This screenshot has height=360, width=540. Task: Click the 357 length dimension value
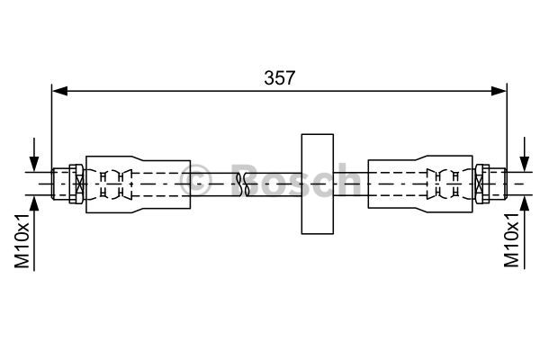(279, 78)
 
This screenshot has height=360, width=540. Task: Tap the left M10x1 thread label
(22, 241)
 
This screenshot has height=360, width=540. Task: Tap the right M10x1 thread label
(511, 240)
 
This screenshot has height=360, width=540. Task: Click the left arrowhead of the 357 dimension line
(59, 91)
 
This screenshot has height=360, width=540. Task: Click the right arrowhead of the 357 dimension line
(499, 91)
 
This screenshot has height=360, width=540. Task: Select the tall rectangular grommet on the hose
(317, 184)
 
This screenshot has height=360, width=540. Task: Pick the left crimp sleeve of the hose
(138, 184)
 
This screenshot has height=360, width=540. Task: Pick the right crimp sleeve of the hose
(421, 184)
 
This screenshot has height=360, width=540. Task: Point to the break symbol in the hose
(243, 184)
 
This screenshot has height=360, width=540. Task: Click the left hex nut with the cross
(76, 184)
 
